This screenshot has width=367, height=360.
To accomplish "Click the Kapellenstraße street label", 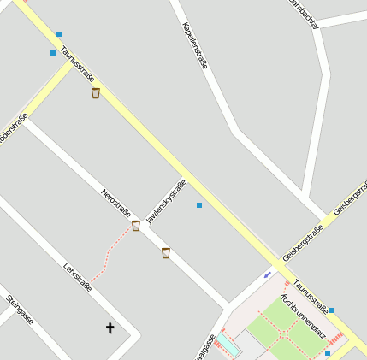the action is [x=196, y=44].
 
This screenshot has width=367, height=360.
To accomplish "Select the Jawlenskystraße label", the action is [x=166, y=203].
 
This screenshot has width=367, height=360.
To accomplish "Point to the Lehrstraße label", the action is [x=78, y=276].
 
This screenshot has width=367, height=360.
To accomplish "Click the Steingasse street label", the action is [x=20, y=310].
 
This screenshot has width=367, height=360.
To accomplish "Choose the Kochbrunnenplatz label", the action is [x=303, y=315].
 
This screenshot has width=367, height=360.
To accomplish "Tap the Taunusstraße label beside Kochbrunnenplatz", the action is [x=310, y=296].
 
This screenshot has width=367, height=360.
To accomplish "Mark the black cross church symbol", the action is [x=110, y=328].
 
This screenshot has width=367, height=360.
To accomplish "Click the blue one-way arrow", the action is [x=267, y=274].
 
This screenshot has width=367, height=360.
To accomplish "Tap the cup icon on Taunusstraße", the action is [x=96, y=92].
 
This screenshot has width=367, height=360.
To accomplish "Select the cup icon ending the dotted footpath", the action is [x=135, y=226].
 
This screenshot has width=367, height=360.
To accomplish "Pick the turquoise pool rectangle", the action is [x=228, y=344].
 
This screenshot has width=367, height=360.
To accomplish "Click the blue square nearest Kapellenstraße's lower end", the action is [x=199, y=205].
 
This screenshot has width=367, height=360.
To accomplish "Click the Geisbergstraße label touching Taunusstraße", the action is [x=302, y=244].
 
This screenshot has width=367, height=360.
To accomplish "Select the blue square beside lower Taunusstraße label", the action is [x=332, y=310].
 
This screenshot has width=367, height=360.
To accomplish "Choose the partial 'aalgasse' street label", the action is [x=205, y=349].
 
